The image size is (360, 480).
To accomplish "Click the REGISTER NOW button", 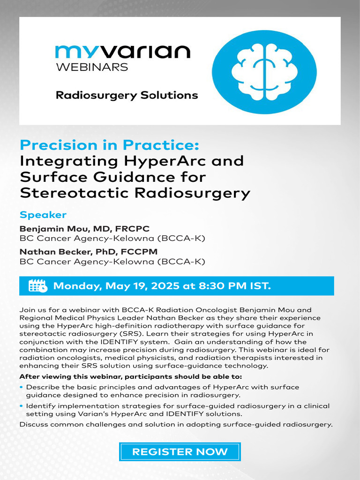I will point(180,452).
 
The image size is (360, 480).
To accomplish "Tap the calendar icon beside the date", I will point(37,286).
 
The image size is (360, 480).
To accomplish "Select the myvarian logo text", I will point(123,52).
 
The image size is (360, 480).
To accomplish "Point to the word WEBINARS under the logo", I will point(92,67).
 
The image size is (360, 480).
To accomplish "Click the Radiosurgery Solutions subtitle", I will point(127,95).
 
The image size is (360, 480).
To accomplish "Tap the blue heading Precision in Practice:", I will point(110,144).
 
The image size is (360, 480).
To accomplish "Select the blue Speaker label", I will point(43,215).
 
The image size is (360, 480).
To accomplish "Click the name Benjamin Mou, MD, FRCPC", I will point(84,229).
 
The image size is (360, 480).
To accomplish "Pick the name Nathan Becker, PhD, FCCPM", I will point(88,252).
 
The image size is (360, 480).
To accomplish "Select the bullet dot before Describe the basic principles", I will point(22,387).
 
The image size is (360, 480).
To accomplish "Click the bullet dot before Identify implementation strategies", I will point(22,406).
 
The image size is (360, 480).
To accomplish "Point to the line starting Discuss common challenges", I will point(176,425).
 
